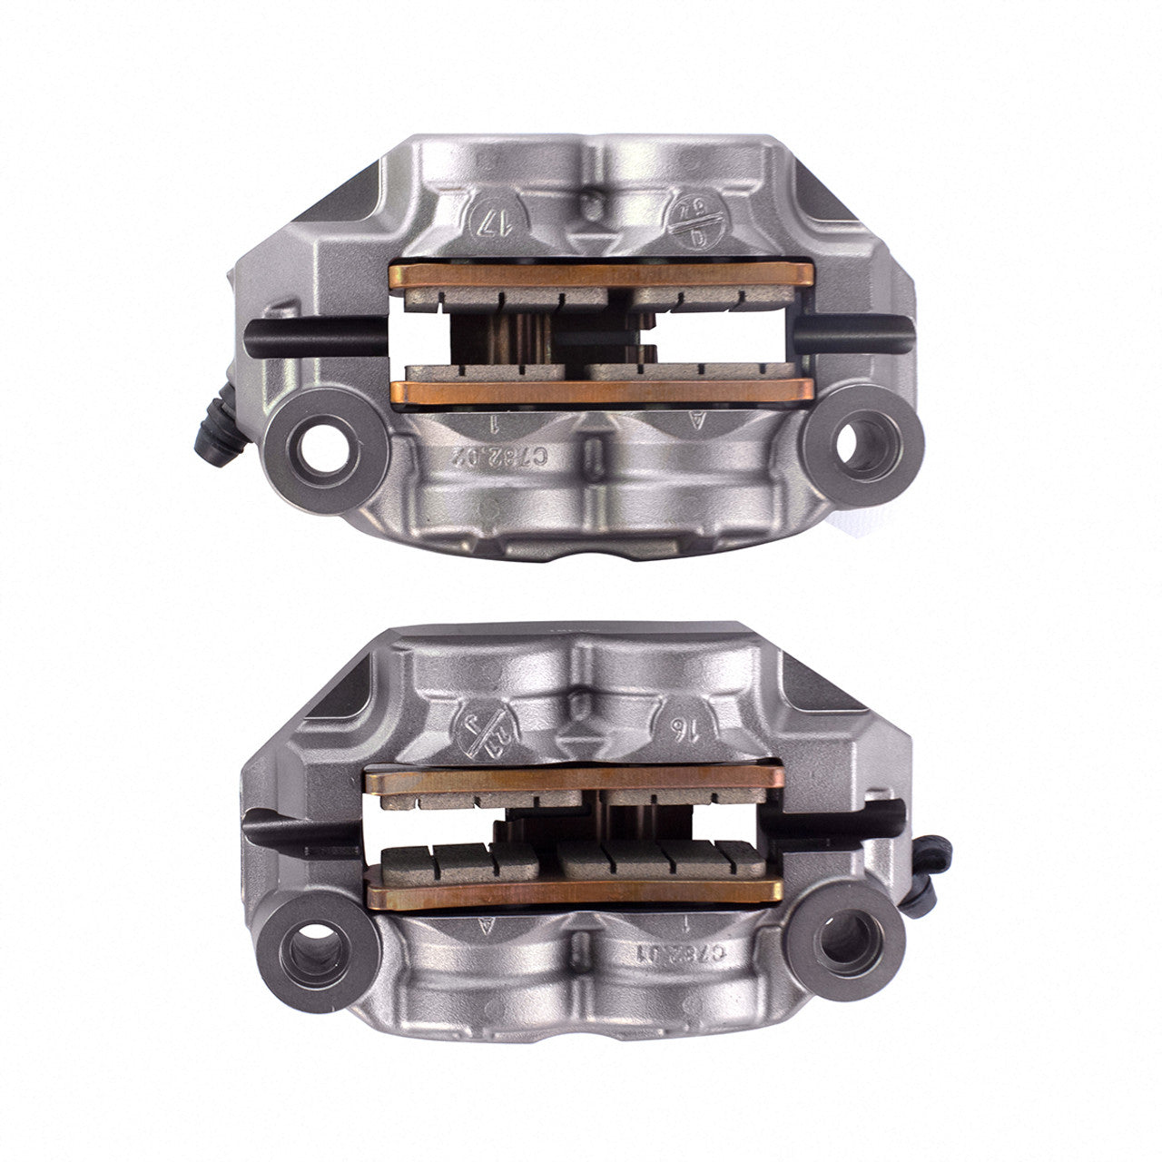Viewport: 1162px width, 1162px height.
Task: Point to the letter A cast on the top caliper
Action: (697, 419)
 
